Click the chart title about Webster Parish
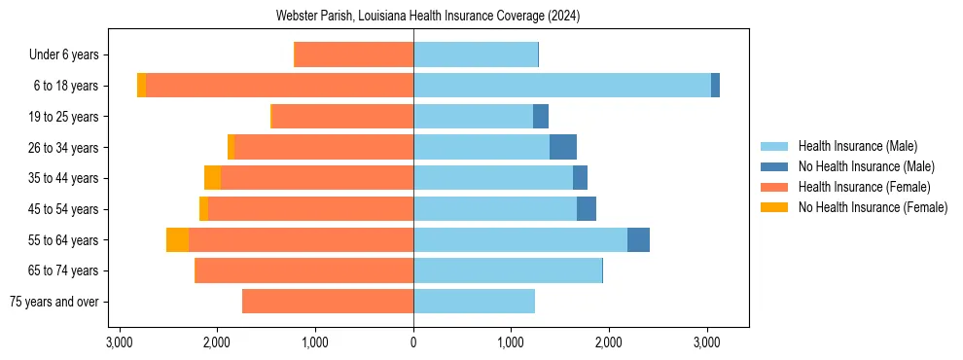413,16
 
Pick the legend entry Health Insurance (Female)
864,187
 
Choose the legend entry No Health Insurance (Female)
872,207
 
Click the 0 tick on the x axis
413,342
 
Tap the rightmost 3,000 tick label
707,342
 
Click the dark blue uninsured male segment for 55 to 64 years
638,240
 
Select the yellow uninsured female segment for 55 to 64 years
177,240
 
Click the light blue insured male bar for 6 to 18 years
562,86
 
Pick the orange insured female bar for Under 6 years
353,54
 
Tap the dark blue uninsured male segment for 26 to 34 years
563,147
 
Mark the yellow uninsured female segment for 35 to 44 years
212,178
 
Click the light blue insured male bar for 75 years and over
474,302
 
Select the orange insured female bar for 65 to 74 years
304,270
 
